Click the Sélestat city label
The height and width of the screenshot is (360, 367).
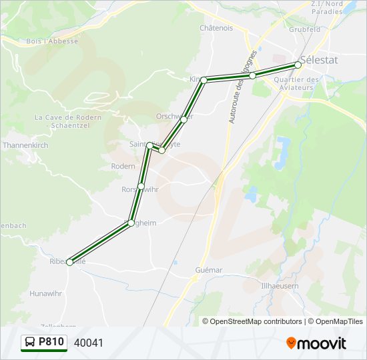coord(319,60)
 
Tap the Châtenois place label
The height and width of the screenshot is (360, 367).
coord(216,28)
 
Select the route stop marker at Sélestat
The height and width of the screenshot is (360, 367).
coord(298,65)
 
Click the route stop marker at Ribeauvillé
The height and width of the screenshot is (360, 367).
coord(70,262)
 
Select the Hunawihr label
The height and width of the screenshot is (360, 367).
coord(46,293)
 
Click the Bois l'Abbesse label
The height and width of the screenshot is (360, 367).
coord(53,41)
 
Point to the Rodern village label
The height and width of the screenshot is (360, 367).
coord(123,166)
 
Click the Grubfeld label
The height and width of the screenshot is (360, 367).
coord(305,29)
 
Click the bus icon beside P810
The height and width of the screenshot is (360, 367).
coord(30,343)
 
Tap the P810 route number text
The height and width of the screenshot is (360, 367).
coord(51,343)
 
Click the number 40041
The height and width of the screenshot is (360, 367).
coord(89,343)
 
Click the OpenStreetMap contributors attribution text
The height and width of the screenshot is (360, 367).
coord(252,321)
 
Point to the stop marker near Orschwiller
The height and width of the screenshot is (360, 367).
coord(183,119)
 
